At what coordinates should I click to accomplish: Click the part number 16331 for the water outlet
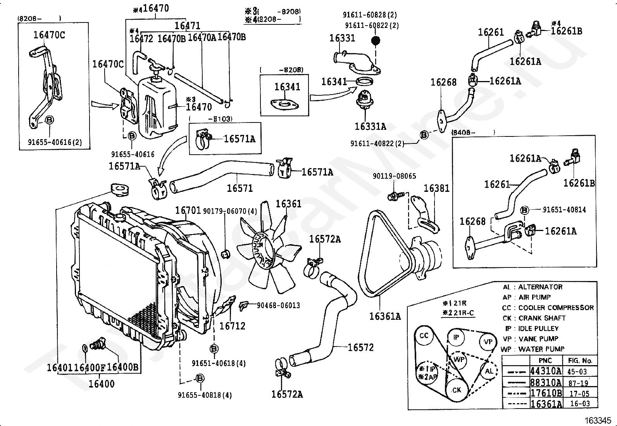(x=342, y=38)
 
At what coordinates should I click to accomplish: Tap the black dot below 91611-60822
(x=375, y=40)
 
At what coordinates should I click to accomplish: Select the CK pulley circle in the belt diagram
(x=457, y=390)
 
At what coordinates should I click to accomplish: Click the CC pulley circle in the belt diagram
(x=424, y=335)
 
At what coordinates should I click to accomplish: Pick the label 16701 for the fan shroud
(x=188, y=210)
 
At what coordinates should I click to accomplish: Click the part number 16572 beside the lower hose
(x=360, y=347)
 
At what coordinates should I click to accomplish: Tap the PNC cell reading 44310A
(x=545, y=371)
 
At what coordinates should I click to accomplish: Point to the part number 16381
(x=436, y=188)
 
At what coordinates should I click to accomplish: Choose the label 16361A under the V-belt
(x=385, y=316)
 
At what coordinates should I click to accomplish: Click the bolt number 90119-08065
(x=394, y=176)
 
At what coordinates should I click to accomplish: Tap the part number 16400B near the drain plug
(x=122, y=367)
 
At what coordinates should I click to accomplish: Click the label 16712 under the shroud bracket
(x=232, y=326)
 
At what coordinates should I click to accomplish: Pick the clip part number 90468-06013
(x=278, y=305)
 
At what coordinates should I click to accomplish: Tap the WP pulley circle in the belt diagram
(x=459, y=359)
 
